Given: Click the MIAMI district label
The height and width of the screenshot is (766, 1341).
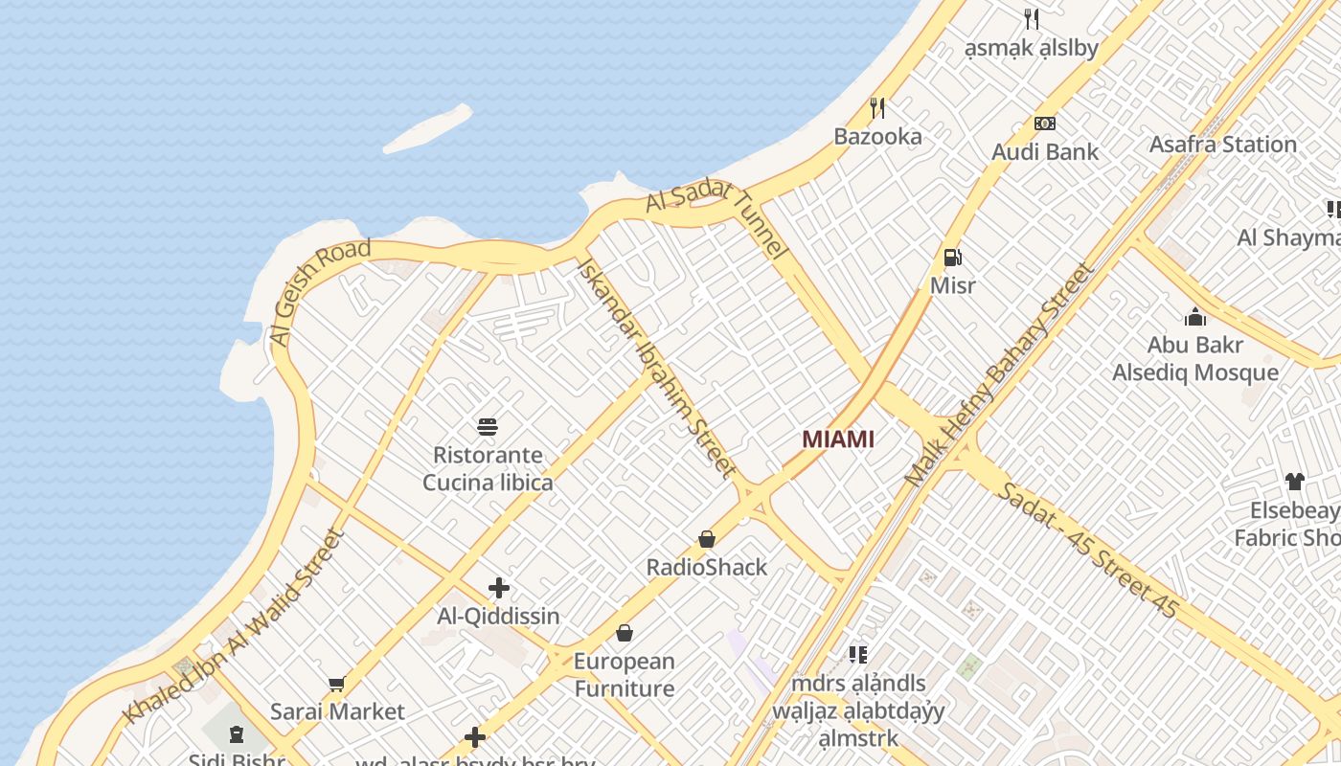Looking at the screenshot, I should [x=838, y=439].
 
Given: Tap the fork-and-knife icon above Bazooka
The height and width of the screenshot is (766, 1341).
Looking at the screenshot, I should [x=876, y=107].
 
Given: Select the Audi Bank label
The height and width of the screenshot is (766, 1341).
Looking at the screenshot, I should [x=1045, y=151].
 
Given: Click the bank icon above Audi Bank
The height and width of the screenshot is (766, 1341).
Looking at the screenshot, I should [x=1045, y=124].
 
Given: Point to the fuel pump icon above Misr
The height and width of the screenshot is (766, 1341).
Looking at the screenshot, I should [x=952, y=257].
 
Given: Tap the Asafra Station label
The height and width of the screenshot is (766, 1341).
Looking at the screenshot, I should [x=1222, y=145].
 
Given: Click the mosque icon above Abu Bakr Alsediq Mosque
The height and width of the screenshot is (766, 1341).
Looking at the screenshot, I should [x=1194, y=317].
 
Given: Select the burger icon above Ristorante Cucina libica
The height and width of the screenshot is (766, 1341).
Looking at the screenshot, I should [x=488, y=427].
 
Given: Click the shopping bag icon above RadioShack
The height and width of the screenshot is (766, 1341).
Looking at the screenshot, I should [x=707, y=539].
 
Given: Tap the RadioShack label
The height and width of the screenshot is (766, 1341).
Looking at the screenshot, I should [x=707, y=567].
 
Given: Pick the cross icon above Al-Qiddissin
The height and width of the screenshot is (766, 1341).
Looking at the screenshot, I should [x=498, y=588].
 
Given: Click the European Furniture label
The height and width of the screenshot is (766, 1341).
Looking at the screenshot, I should [x=625, y=674].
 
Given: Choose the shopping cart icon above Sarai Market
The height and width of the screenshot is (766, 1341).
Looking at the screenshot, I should [x=336, y=684].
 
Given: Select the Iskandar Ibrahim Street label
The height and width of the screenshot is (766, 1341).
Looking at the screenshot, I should [x=655, y=368].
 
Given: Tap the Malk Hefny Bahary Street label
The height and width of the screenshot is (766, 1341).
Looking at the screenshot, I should [x=1000, y=373].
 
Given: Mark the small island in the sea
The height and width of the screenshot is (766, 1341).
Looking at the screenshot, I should [x=428, y=129].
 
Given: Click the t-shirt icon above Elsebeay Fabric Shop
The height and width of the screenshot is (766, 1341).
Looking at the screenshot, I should [x=1294, y=482].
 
